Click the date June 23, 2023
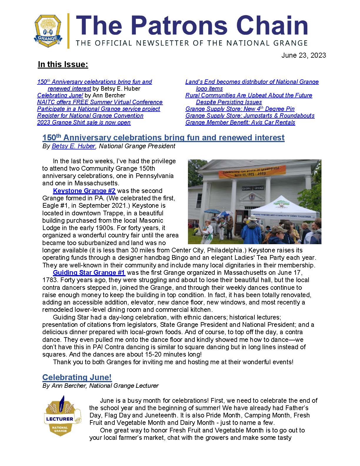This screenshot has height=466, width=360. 304,55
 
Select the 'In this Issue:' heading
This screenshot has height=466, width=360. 63,64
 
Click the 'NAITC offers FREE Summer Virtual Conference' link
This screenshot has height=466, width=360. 100,102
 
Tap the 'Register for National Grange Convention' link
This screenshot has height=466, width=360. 90,116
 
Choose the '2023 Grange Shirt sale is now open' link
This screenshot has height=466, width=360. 84,122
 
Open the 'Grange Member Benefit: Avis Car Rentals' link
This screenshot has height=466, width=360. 240,122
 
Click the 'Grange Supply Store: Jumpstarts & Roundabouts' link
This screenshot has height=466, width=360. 250,116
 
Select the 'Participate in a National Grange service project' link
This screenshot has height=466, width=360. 99,109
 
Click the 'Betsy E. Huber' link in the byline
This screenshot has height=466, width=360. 74,146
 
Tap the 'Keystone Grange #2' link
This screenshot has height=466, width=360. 84,191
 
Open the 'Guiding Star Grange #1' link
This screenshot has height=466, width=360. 89,272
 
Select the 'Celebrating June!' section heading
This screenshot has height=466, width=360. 77,377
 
